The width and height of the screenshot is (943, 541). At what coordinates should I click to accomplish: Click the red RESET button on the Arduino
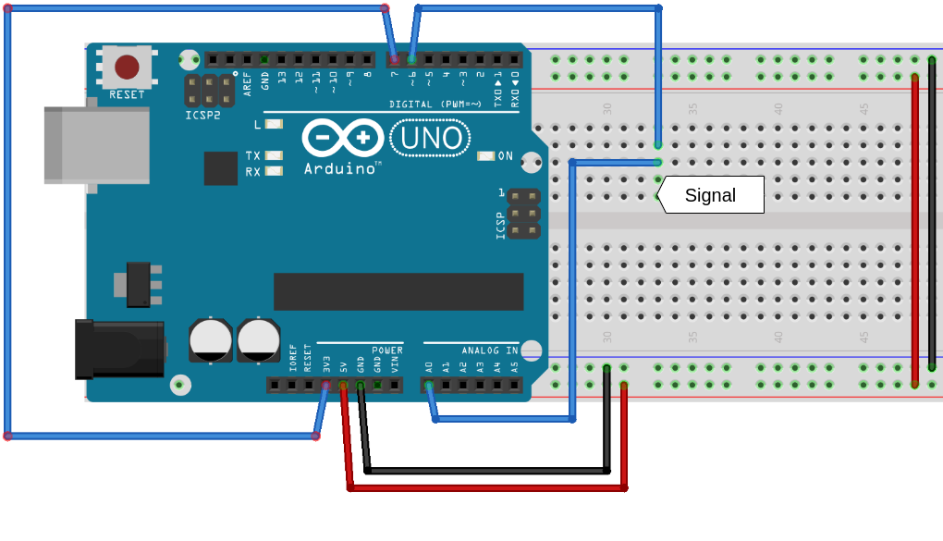tap(127, 67)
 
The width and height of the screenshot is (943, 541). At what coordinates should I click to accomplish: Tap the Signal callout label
tap(710, 195)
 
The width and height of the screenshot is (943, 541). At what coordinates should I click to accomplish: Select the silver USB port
tap(96, 145)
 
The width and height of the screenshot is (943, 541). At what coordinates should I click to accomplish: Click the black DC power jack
tap(119, 349)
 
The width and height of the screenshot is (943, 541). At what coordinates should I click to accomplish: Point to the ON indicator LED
tap(486, 155)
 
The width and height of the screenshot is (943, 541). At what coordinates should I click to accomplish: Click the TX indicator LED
tap(274, 155)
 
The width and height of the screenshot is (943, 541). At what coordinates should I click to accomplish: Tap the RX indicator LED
tap(274, 171)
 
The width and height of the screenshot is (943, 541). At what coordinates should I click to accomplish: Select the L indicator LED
tap(274, 124)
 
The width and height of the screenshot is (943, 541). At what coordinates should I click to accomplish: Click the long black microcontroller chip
tap(398, 291)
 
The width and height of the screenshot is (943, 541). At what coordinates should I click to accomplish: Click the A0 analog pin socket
tap(429, 385)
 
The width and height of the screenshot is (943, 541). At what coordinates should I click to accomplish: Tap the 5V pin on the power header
tap(343, 385)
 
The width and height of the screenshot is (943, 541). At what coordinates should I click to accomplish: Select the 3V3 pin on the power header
tap(325, 385)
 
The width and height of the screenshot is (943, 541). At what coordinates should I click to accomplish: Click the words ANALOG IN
tap(490, 350)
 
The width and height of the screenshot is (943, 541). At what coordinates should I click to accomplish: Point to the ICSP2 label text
tap(202, 116)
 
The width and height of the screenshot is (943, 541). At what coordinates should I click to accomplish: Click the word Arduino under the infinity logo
tap(339, 168)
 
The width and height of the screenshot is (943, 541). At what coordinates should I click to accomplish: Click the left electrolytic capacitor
tap(211, 339)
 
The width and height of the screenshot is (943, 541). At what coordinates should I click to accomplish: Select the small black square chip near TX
tap(221, 168)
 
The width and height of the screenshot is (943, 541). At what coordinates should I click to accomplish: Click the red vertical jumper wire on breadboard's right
tap(914, 222)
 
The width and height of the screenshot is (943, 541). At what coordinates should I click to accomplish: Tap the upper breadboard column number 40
tap(778, 109)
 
